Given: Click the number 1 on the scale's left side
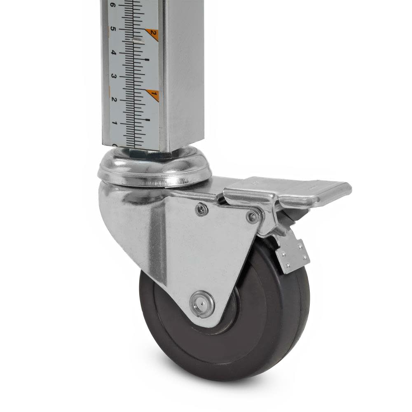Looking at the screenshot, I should click(115, 123).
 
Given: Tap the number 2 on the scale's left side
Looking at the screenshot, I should click(114, 100).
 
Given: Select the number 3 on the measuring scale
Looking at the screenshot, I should click(113, 77).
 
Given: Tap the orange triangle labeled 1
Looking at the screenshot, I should click(153, 95).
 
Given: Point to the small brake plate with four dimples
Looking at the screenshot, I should click(293, 255).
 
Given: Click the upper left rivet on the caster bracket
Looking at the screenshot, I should click(201, 209).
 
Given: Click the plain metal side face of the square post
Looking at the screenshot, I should click(183, 74).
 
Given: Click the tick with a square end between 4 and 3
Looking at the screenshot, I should click(147, 60).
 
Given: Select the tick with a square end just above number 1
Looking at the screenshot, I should click(147, 120).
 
